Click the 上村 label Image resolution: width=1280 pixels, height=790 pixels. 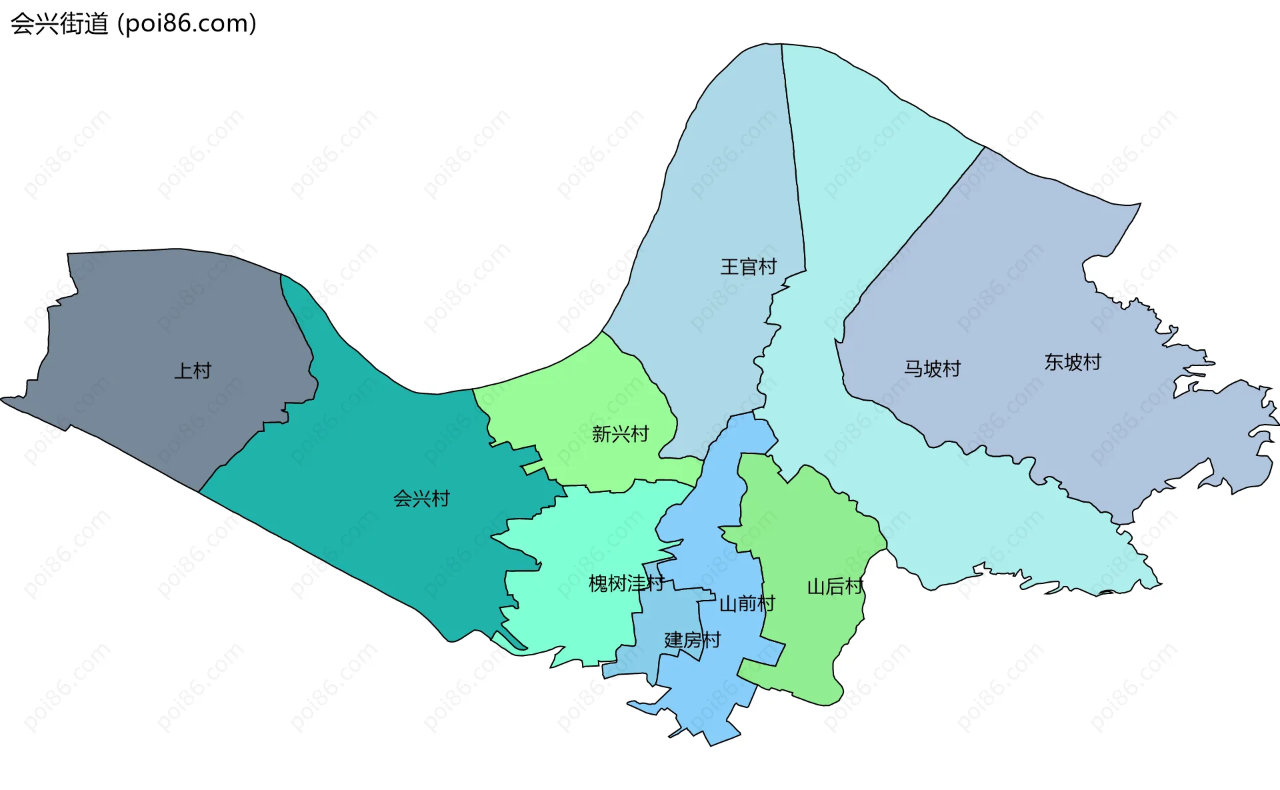click(193, 371)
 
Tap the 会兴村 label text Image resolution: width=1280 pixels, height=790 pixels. click(421, 499)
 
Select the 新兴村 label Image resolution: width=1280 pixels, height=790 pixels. click(620, 434)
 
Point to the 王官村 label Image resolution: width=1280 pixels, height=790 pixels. click(748, 267)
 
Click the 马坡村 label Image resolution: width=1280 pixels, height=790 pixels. click(932, 369)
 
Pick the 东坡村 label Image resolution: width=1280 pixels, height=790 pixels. click(1072, 362)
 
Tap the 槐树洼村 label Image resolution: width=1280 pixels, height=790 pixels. click(626, 584)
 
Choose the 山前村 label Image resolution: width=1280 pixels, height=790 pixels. click(747, 604)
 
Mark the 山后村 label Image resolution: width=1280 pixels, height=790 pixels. click(835, 587)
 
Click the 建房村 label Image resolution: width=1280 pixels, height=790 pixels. click(692, 640)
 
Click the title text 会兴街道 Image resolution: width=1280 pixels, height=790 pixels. click(59, 24)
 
